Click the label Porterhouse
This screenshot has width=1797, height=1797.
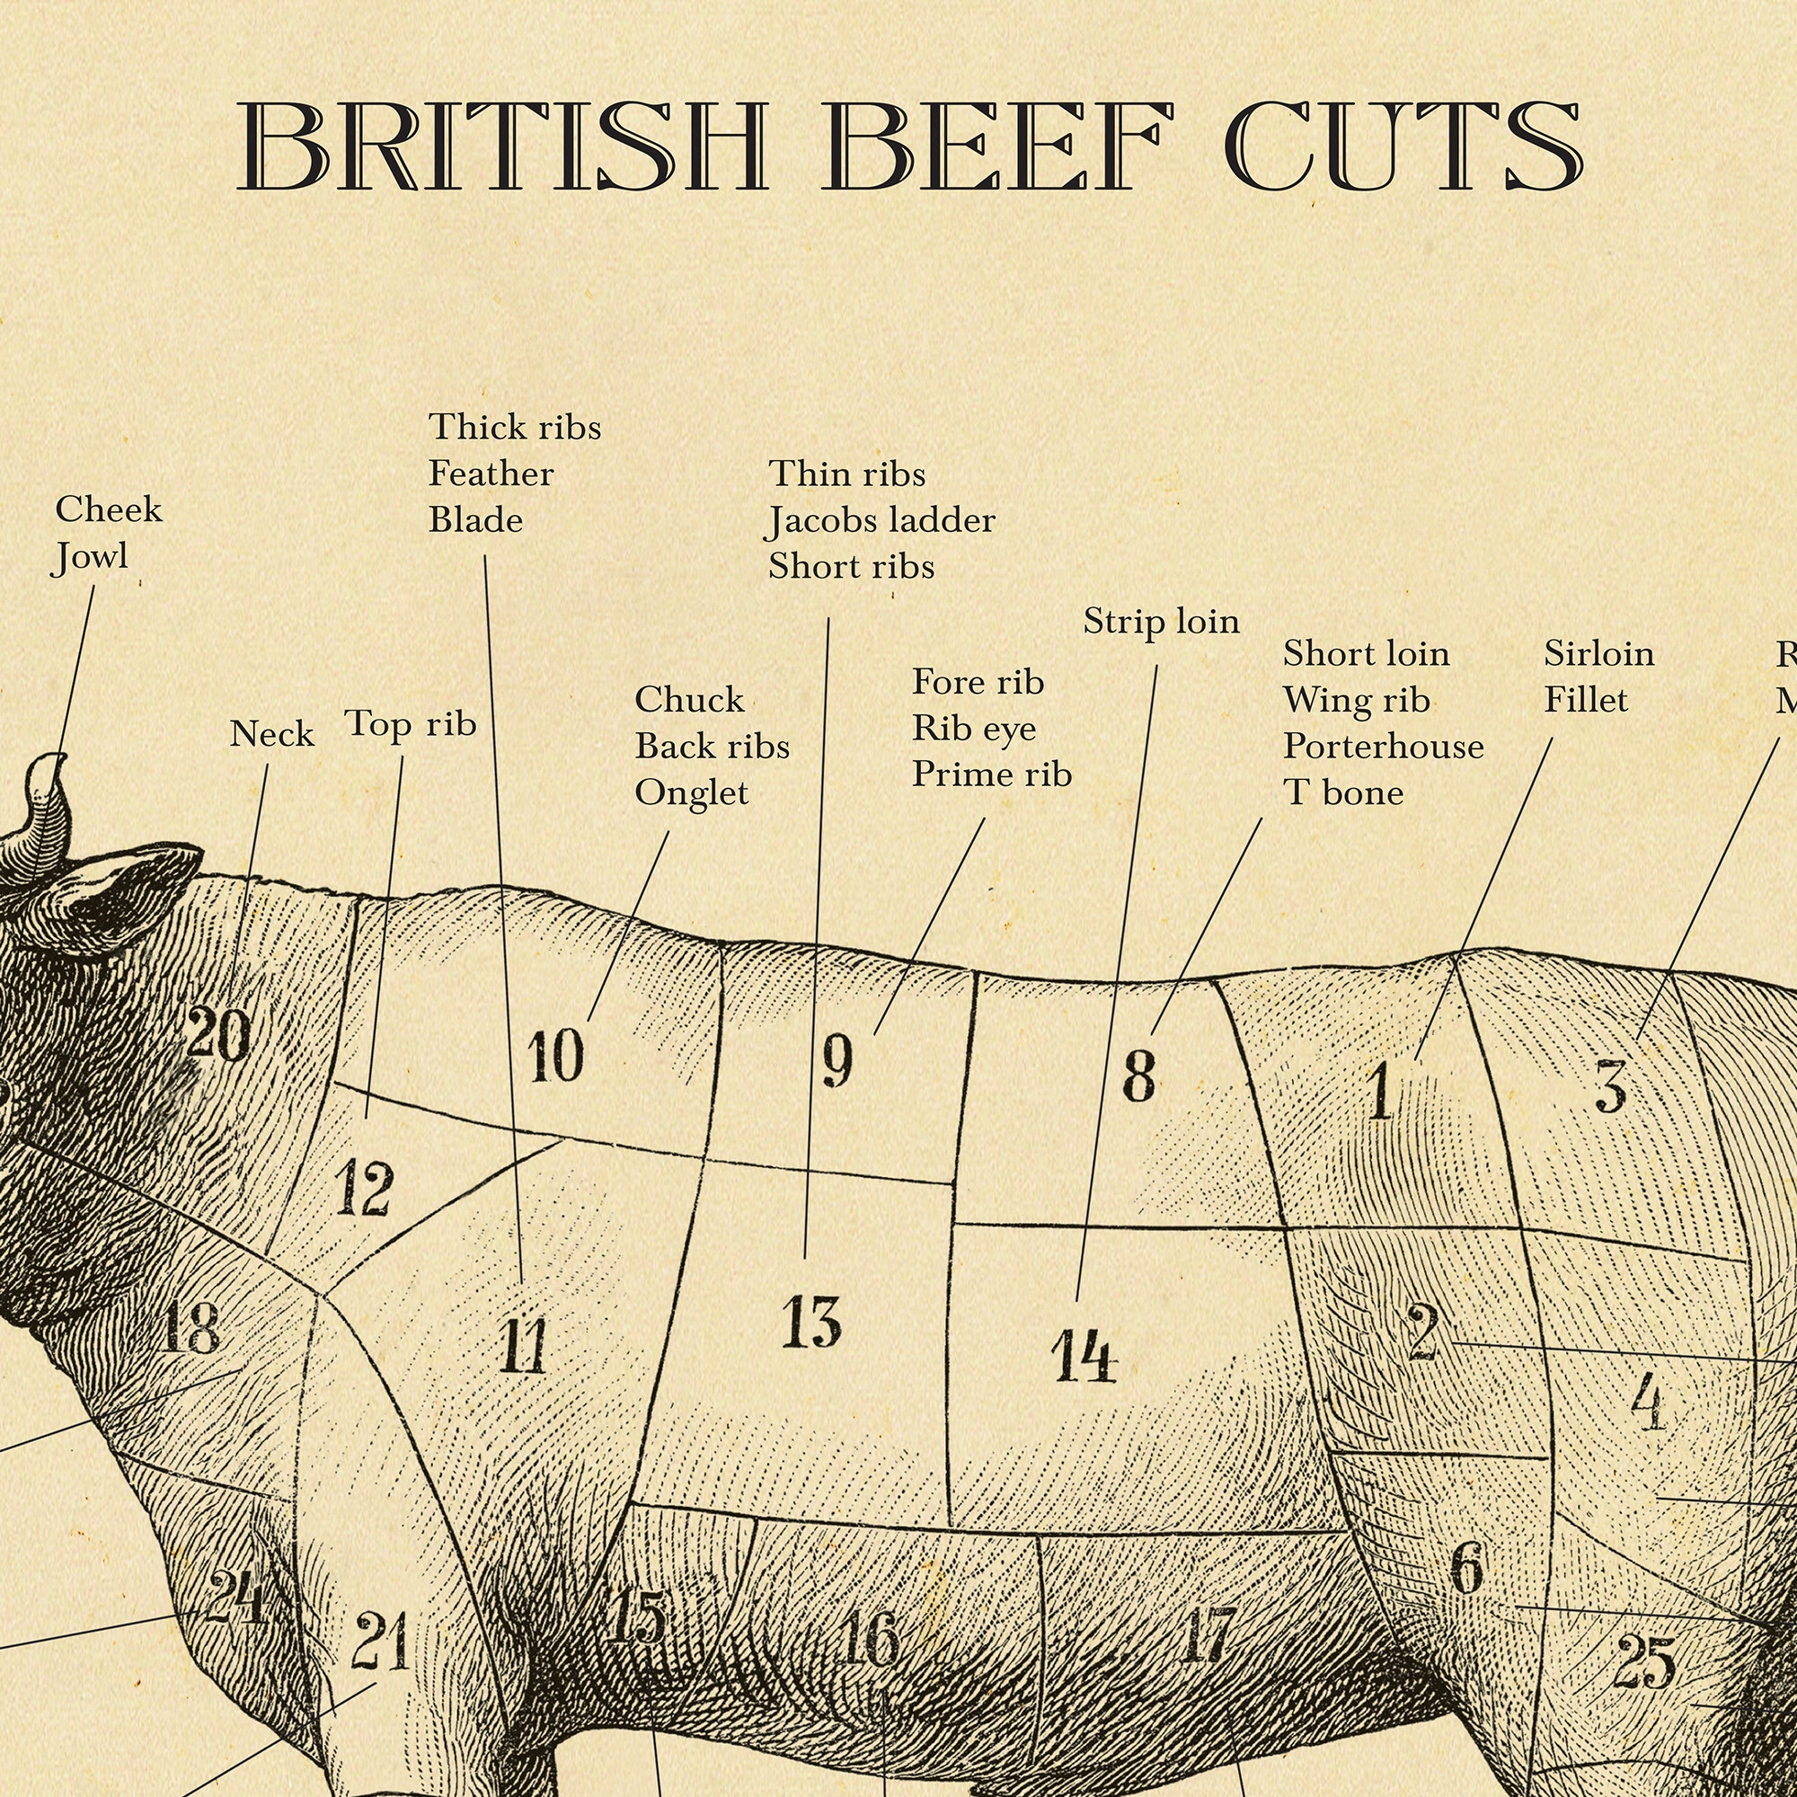pos(1383,746)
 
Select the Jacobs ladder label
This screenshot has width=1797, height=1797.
pos(881,521)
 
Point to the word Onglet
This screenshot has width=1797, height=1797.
pos(691,793)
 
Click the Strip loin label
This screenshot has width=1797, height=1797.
pos(1161,622)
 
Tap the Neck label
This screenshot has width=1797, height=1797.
pos(271,734)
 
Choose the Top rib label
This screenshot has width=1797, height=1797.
pos(411,723)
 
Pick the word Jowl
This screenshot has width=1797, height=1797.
pos(90,557)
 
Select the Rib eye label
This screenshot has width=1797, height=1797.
pos(973,729)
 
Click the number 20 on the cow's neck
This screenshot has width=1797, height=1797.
pos(218,1034)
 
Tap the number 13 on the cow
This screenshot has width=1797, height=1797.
pos(811,1323)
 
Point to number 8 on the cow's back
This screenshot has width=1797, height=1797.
pos(1138,1076)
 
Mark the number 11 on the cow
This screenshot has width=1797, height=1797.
pos(523,1348)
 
